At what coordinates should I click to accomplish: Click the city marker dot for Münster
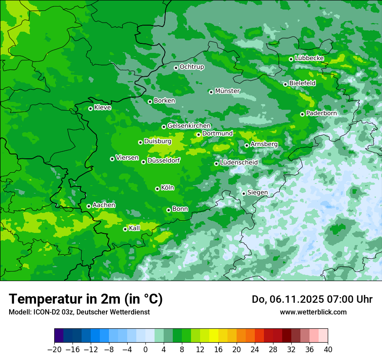211,92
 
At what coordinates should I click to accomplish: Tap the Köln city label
168,188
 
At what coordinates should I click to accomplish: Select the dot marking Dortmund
198,134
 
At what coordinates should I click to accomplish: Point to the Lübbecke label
309,58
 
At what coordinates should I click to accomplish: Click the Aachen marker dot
89,206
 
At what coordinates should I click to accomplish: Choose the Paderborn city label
321,113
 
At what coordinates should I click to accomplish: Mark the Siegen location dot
244,193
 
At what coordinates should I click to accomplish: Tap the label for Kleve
102,108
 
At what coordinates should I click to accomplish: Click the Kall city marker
125,229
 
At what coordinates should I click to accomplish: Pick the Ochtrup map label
191,67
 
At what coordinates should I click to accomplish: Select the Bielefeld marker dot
285,84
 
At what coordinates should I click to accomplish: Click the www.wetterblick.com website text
313,312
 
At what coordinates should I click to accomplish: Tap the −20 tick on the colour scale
54,350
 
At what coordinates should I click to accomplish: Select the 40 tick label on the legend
328,350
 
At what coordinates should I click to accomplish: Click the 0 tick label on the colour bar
145,350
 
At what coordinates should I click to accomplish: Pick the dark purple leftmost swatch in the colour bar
59,335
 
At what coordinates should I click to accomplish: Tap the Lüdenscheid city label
239,162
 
